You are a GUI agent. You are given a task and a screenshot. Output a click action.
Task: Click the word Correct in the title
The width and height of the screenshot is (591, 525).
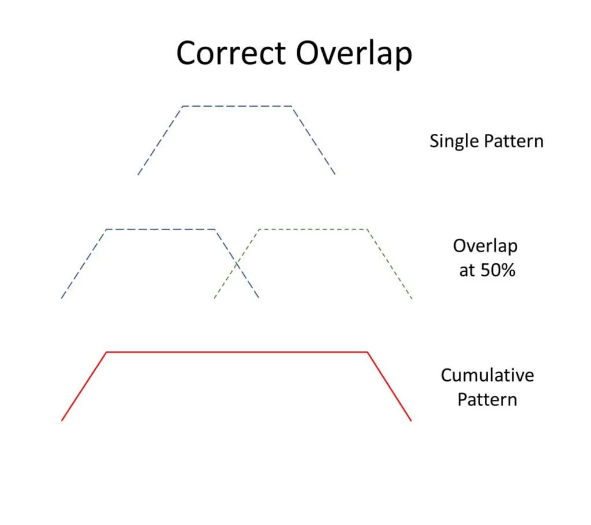click(x=231, y=53)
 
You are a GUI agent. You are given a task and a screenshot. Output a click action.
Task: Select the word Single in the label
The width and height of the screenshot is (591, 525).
click(x=454, y=142)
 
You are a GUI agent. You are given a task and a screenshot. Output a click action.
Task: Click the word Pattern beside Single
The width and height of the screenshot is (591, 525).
click(x=514, y=141)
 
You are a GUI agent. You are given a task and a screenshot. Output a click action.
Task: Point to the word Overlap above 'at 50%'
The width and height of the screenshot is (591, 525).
click(x=485, y=246)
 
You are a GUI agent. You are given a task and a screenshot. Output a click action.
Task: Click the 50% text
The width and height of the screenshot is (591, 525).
click(x=498, y=270)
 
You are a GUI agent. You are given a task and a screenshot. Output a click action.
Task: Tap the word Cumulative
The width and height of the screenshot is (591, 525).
click(x=487, y=376)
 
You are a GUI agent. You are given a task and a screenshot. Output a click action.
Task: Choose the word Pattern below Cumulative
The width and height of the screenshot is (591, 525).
click(x=487, y=399)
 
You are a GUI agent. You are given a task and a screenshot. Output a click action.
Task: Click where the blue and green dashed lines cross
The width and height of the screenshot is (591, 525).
click(x=237, y=264)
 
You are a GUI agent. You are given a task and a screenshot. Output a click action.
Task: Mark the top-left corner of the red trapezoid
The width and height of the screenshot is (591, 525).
click(x=107, y=352)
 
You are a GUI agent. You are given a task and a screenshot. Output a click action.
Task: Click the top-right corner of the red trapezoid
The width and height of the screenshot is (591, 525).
click(x=368, y=352)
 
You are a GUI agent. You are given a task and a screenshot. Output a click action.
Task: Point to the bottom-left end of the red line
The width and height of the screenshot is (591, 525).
click(x=62, y=420)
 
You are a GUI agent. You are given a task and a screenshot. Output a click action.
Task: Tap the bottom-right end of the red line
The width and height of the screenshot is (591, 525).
click(x=411, y=421)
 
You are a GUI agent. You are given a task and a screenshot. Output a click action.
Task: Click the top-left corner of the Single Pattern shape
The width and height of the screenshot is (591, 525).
click(x=182, y=106)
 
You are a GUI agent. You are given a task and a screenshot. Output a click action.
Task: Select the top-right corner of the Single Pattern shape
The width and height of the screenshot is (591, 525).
click(x=291, y=106)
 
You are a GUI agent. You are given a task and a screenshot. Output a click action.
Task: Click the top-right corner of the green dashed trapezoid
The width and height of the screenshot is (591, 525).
click(x=367, y=229)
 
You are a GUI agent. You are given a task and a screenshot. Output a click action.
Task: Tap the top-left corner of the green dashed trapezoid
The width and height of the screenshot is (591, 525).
click(x=260, y=229)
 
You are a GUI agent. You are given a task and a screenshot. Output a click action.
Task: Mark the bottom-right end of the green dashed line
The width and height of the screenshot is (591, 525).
click(x=412, y=298)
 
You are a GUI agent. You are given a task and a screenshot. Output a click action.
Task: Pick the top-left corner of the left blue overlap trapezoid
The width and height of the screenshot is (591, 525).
click(x=107, y=229)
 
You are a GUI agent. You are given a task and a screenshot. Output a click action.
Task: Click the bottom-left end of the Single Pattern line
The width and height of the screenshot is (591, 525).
click(x=138, y=175)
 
